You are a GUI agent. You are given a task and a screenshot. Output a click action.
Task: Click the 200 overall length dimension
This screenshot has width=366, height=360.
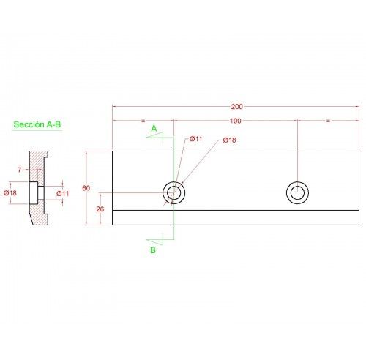pyautogui.click(x=236, y=107)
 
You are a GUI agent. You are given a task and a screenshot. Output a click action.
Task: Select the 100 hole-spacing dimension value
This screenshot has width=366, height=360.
pyautogui.click(x=236, y=121)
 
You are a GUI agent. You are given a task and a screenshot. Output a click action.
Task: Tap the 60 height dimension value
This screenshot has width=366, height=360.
pyautogui.click(x=86, y=188)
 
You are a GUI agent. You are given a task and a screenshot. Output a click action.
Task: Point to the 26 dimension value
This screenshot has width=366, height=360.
pyautogui.click(x=100, y=209)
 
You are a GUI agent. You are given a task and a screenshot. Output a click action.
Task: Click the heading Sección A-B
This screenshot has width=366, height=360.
pyautogui.click(x=37, y=124)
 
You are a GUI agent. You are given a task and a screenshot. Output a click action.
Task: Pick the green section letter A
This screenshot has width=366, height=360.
pyautogui.click(x=154, y=128)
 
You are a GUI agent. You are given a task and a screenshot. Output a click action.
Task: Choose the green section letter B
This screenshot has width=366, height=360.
pyautogui.click(x=153, y=250)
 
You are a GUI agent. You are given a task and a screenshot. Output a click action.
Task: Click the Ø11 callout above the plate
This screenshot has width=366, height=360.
pyautogui.click(x=196, y=139)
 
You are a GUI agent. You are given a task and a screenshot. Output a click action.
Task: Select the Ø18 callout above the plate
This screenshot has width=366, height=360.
pyautogui.click(x=229, y=140)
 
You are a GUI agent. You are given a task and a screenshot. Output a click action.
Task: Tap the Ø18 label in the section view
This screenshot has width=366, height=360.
pyautogui.click(x=10, y=193)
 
